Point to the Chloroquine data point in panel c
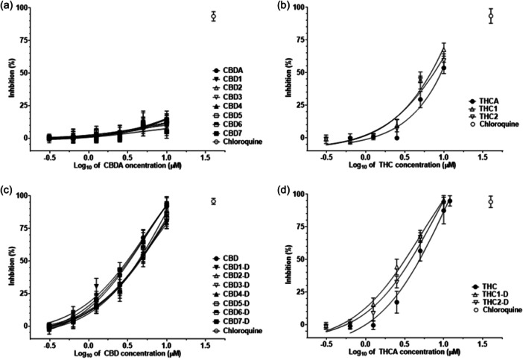pyautogui.click(x=213, y=201)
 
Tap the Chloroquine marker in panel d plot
pyautogui.click(x=490, y=202)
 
